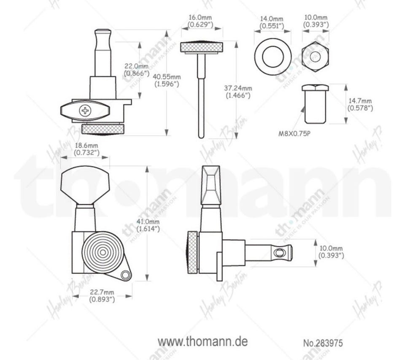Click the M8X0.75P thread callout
(x=294, y=134)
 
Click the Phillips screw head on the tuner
(x=85, y=111)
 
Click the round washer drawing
(x=273, y=57)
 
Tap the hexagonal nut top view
(x=316, y=57)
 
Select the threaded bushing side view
(x=316, y=104)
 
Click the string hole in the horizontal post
(x=279, y=253)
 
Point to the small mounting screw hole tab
(x=126, y=275)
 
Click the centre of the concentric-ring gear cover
(x=103, y=252)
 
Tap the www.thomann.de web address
(x=203, y=342)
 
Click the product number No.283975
(x=323, y=343)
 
